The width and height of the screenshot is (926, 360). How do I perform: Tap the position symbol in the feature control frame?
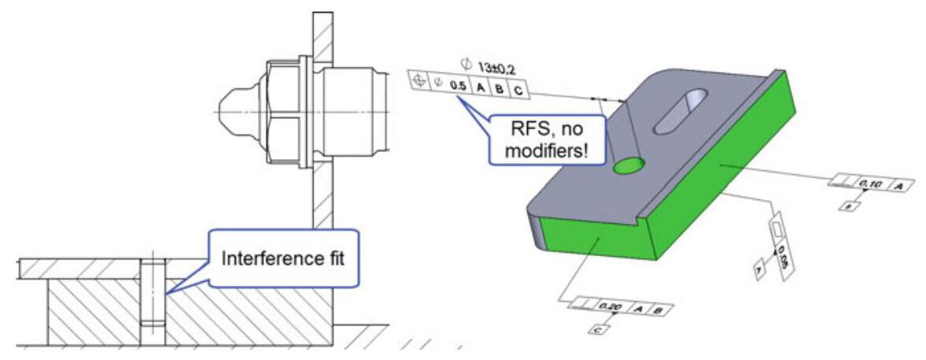418,80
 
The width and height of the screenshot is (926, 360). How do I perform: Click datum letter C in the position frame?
518,90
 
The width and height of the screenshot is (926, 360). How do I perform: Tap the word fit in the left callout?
325,258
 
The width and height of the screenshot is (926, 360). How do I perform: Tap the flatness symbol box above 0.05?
780,228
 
